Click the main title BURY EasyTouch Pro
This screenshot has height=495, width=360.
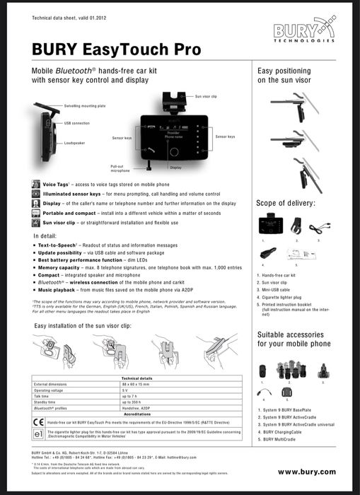pos(116,49)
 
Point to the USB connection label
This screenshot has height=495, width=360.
pos(77,123)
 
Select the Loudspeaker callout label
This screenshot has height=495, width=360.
pos(76,142)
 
